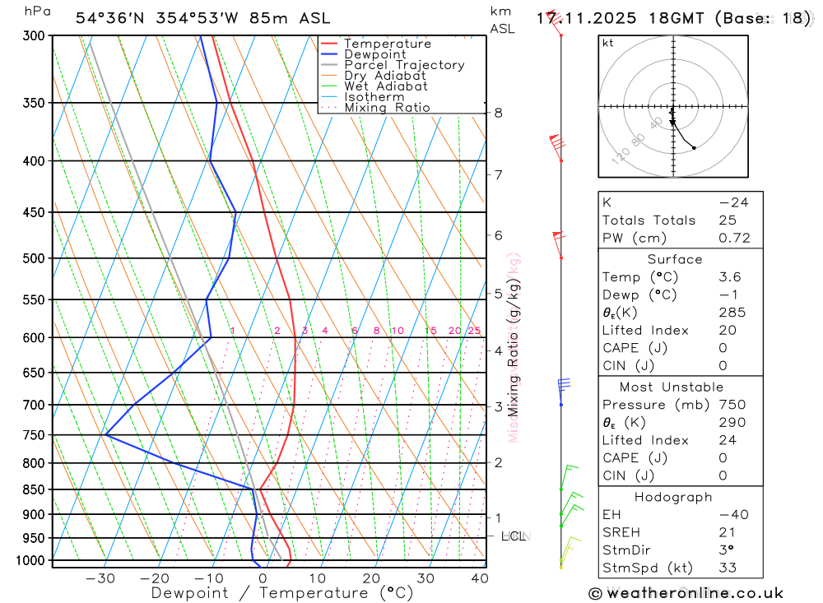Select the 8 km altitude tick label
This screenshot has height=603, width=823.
click(498, 113)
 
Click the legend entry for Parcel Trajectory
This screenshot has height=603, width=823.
click(404, 65)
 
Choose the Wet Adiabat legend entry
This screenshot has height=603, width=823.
click(386, 86)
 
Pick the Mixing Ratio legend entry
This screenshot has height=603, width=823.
click(387, 108)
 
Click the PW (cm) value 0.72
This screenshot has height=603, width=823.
click(734, 239)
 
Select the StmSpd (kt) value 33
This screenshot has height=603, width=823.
click(728, 568)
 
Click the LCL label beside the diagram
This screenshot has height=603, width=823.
click(513, 536)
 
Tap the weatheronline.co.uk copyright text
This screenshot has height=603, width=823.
click(686, 593)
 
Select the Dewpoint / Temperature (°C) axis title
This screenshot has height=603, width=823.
click(282, 593)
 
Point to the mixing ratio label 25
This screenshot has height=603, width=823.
click(474, 331)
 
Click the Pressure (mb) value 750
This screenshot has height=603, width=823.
click(732, 405)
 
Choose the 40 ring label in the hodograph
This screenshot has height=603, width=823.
click(656, 123)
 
